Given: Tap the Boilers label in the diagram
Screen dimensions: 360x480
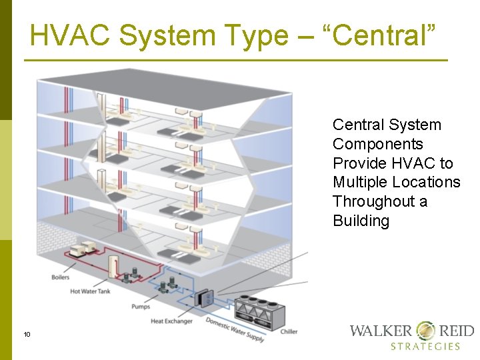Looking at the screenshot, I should (x=60, y=277).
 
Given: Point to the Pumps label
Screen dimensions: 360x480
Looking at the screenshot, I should (x=141, y=307).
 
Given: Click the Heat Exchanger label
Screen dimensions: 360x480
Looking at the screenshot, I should (x=171, y=321).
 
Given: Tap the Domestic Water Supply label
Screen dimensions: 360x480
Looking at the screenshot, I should (x=234, y=329).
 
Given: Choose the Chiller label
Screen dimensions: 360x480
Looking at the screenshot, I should (x=289, y=331).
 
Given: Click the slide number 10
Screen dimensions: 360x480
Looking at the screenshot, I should (x=27, y=334).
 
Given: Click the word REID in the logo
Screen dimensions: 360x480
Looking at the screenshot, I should (x=456, y=331).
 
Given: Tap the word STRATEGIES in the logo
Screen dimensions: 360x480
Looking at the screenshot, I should (x=425, y=347).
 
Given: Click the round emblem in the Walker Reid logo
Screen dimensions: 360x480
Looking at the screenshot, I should (x=425, y=330).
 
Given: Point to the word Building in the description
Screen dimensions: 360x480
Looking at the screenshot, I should (x=361, y=221).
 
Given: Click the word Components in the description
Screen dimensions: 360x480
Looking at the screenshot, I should (x=378, y=144).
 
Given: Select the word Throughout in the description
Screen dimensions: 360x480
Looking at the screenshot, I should (x=371, y=201).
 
